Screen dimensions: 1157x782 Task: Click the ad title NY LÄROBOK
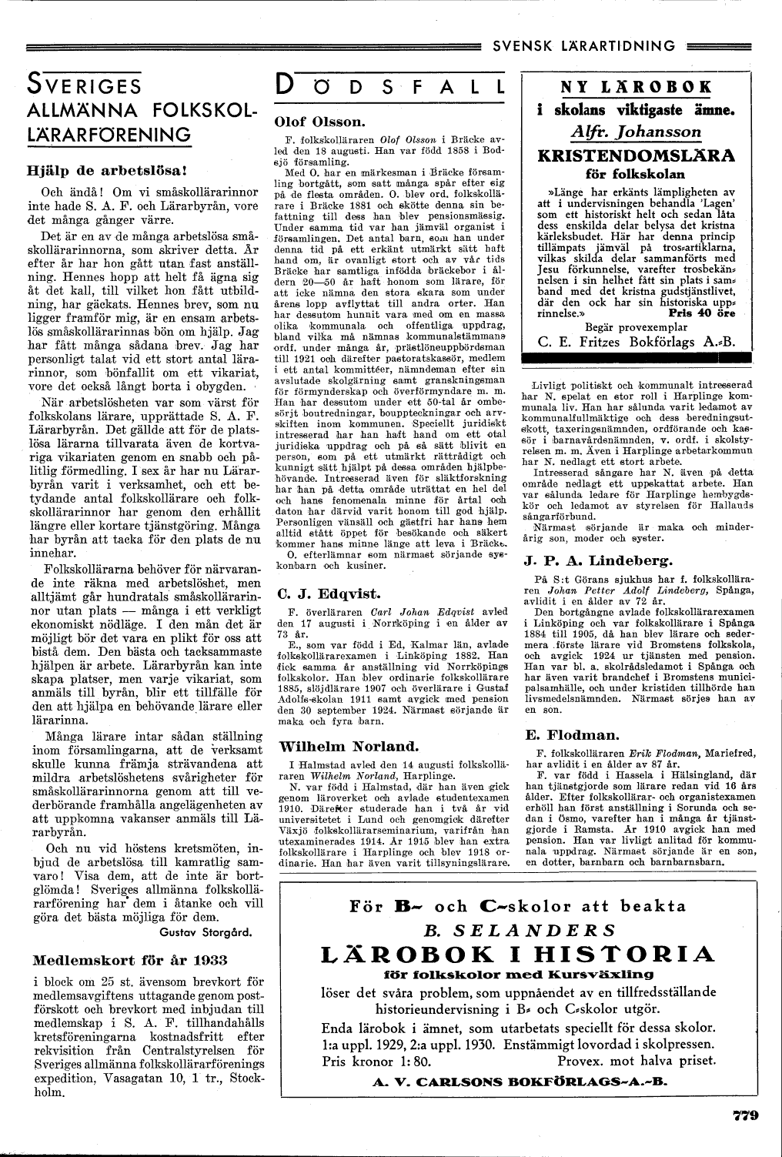637,86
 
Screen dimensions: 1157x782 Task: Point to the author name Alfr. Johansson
637,131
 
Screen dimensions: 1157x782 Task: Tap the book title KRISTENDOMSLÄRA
637,156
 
